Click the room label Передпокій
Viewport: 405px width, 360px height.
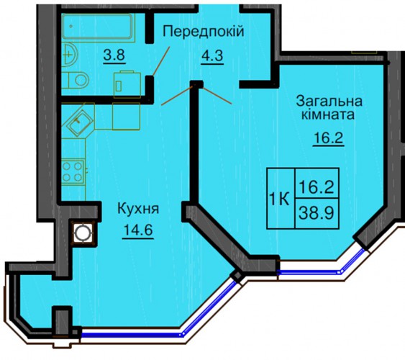pos(204,32)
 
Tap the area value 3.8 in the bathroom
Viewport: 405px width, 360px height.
pos(114,55)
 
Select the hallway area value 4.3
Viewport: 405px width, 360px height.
pos(212,55)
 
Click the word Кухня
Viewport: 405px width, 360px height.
pos(138,208)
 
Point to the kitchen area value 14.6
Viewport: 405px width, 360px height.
pos(138,230)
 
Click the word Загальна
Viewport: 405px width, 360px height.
pos(329,101)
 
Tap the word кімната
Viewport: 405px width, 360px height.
pos(328,114)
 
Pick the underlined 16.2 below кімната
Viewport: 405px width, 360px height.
pos(329,138)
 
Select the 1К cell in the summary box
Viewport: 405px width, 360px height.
pos(281,199)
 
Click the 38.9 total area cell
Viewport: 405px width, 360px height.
pos(317,213)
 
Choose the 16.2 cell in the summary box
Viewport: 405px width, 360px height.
pos(317,184)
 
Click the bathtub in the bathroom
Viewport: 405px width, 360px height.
pos(97,27)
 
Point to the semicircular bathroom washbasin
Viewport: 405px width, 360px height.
pos(70,55)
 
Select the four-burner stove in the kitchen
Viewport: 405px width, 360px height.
pos(73,171)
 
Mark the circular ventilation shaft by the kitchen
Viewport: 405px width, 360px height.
pos(83,233)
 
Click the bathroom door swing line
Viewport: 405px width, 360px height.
pos(161,61)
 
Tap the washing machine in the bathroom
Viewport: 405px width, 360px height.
pos(127,84)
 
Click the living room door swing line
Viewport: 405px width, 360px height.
pos(217,96)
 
